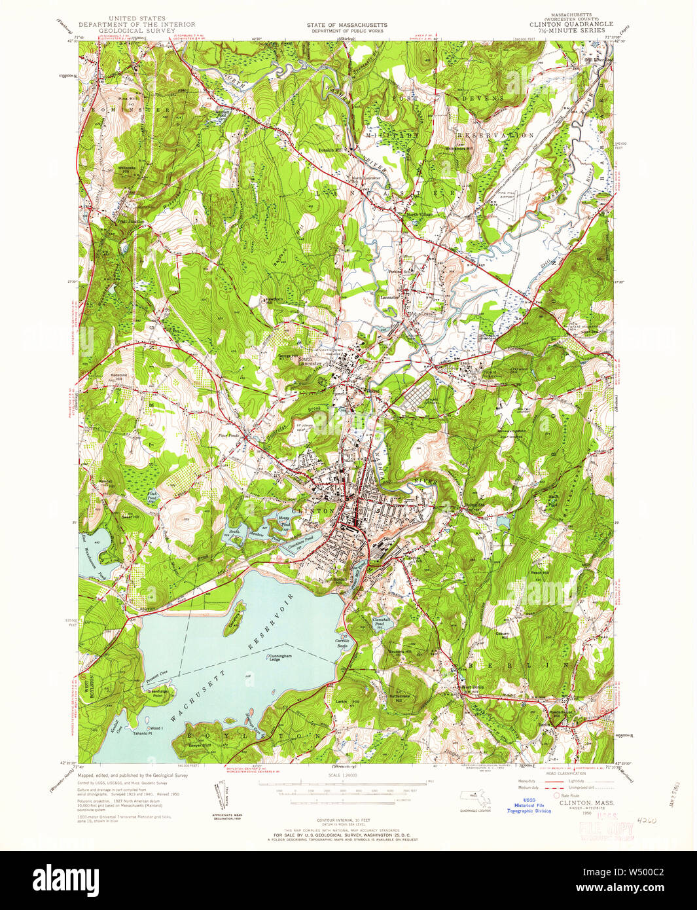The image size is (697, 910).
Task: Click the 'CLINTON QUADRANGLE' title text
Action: click(571, 24)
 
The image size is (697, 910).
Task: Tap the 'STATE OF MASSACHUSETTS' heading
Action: click(347, 25)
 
